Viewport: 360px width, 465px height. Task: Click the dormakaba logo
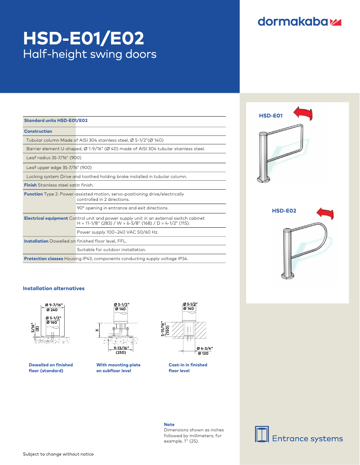(x=299, y=22)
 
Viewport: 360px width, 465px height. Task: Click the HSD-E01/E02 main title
(x=83, y=39)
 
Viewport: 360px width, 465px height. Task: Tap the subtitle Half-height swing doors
(x=89, y=55)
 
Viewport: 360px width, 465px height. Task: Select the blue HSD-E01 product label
(x=271, y=116)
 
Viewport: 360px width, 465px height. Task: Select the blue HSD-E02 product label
(x=284, y=210)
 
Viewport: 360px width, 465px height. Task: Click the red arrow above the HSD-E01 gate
(x=302, y=113)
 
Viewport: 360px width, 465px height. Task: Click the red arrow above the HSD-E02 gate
(x=325, y=213)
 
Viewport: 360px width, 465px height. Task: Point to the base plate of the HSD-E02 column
(x=286, y=275)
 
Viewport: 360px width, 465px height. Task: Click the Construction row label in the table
(x=38, y=131)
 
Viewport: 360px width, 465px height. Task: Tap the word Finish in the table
(x=30, y=185)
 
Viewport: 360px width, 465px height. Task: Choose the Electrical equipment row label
(x=46, y=218)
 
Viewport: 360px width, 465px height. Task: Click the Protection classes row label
(x=44, y=259)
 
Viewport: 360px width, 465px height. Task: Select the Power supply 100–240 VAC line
(x=118, y=232)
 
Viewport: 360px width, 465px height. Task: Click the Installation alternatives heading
(x=53, y=288)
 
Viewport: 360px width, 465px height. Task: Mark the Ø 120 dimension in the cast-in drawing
(x=202, y=353)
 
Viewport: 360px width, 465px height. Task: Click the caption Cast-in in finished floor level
(x=188, y=368)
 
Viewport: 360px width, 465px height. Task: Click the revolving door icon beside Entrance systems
(x=262, y=434)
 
